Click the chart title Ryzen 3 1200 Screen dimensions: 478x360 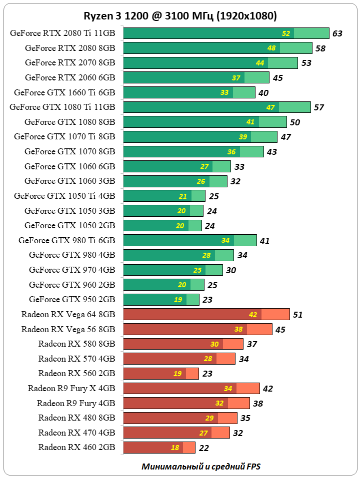pos(180,16)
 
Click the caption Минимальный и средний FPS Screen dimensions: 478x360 pos(201,467)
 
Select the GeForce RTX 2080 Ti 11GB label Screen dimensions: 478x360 pos(62,33)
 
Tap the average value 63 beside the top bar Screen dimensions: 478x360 pos(337,33)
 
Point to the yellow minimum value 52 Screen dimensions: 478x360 pos(286,33)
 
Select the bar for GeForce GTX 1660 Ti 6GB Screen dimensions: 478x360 pos(189,92)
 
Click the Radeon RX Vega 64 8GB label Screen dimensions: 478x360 pos(68,314)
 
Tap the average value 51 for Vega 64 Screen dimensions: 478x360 pos(298,315)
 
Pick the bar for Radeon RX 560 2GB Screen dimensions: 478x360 pos(160,373)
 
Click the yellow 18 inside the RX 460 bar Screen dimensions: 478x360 pos(175,448)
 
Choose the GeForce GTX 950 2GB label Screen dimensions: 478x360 pos(72,299)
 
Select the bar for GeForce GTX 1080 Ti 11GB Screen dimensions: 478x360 pos(216,107)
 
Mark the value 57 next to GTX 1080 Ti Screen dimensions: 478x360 pos(318,107)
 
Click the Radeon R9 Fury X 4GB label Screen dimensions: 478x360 pos(71,388)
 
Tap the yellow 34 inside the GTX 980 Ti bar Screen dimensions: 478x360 pos(225,240)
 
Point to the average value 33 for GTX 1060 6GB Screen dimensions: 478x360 pos(239,167)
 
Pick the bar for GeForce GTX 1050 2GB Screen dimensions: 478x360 pos(162,225)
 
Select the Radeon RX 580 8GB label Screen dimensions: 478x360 pos(76,344)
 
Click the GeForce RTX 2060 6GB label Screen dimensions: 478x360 pos(70,77)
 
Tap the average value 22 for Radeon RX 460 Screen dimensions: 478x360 pos(203,448)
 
